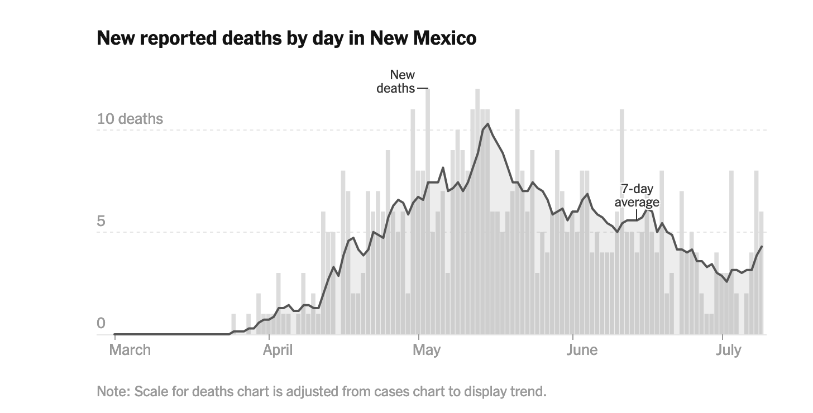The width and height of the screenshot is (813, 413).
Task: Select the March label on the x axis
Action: click(130, 350)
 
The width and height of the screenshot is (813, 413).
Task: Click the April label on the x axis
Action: click(278, 350)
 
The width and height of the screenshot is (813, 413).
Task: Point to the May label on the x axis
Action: click(426, 350)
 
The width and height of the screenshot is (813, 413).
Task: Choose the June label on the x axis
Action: click(581, 350)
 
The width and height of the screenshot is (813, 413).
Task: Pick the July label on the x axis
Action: click(729, 350)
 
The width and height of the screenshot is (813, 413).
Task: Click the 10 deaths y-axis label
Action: click(130, 119)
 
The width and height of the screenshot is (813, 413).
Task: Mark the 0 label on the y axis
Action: click(101, 324)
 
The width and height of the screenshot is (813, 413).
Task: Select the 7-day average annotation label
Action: click(637, 195)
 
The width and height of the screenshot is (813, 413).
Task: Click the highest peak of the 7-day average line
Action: click(487, 124)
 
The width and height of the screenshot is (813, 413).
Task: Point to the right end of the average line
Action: click(762, 247)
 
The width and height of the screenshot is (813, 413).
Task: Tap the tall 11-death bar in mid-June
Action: click(621, 167)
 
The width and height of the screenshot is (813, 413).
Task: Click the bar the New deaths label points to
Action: click(428, 167)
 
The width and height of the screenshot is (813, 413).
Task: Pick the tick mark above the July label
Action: click(723, 337)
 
